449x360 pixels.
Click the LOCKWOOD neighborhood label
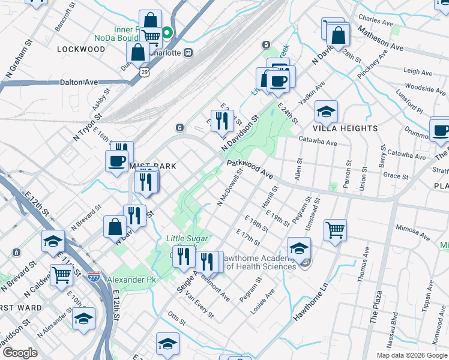pos(81,49)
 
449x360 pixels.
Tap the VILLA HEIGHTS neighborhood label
pos(345,128)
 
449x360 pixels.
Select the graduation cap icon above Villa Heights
pos(326,112)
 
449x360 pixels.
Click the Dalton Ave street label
pos(78,82)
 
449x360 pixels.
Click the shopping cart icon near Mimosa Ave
pos(335,229)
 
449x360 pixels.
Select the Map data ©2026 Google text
pos(411,355)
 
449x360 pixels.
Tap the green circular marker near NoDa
pos(168,34)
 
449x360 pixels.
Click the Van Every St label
pos(199,307)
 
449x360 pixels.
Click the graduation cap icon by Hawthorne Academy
pos(299,247)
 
